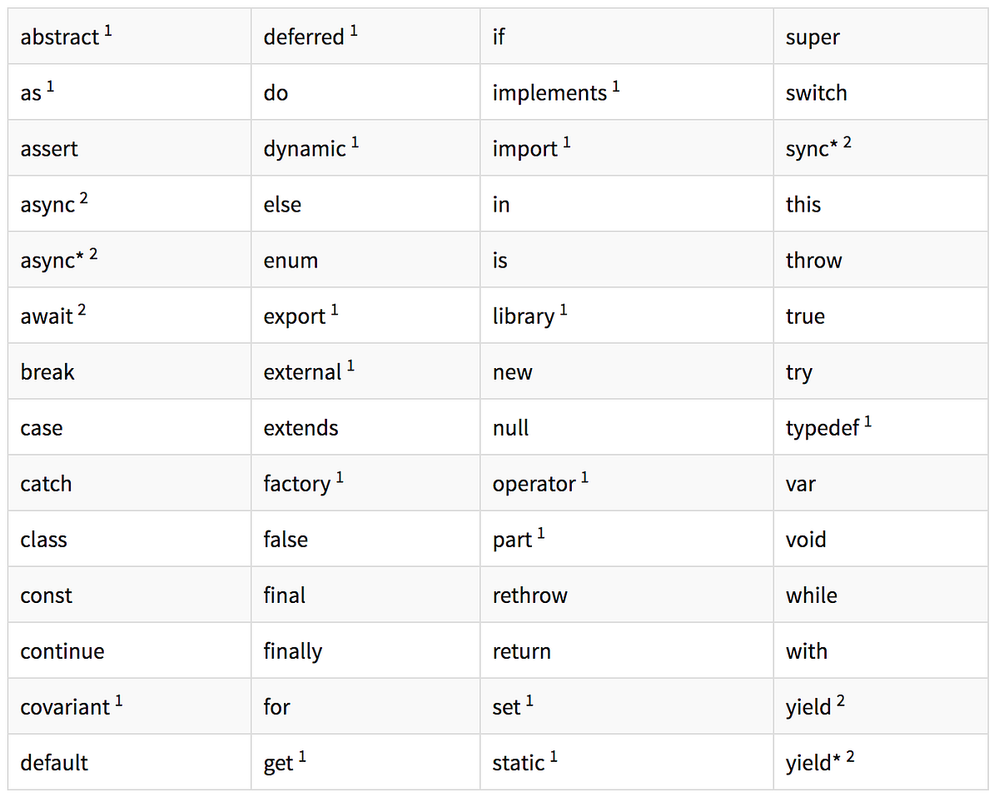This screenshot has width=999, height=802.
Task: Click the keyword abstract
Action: coord(59,37)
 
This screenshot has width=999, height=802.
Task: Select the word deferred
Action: coord(304,37)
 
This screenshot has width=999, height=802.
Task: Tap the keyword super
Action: coord(813,38)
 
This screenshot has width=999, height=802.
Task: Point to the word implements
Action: coord(549,94)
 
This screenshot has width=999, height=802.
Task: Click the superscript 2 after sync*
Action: coord(847,142)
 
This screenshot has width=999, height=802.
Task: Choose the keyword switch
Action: coord(816,93)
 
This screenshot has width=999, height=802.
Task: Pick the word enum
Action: coord(291,261)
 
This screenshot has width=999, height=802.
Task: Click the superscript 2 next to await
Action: coord(82,309)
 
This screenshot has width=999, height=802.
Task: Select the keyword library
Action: coord(524,316)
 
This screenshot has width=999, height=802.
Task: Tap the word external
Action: coord(302,372)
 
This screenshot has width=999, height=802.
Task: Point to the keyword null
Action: coord(510,428)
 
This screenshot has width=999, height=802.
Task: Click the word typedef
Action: coord(823,428)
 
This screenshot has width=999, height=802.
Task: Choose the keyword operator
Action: coord(534,485)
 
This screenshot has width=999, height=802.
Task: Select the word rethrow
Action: coord(529,595)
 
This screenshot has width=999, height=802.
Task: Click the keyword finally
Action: coord(292,652)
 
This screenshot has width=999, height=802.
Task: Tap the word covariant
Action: coord(65,707)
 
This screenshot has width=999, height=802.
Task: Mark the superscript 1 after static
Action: coord(554,757)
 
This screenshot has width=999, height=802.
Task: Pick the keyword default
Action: coord(54,763)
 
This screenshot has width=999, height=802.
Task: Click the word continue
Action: coord(62,651)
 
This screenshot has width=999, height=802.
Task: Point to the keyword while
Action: coord(812,595)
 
